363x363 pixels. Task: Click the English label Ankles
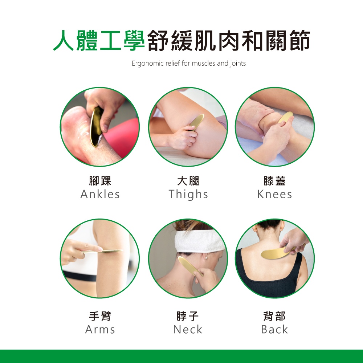point(100,194)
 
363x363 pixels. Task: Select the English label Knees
point(274,194)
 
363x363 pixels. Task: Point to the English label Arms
point(100,330)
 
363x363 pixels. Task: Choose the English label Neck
point(188,330)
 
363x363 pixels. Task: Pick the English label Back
point(274,330)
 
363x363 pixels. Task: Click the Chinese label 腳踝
point(100,181)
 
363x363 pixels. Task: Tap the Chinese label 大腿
point(188,181)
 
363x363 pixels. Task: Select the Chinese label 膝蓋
point(274,181)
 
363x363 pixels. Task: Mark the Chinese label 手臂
point(100,316)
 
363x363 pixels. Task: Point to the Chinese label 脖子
point(188,316)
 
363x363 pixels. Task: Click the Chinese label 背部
point(274,316)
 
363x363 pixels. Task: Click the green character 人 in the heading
point(64,41)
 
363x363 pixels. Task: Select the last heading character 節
point(300,41)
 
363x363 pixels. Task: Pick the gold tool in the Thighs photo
point(196,122)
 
